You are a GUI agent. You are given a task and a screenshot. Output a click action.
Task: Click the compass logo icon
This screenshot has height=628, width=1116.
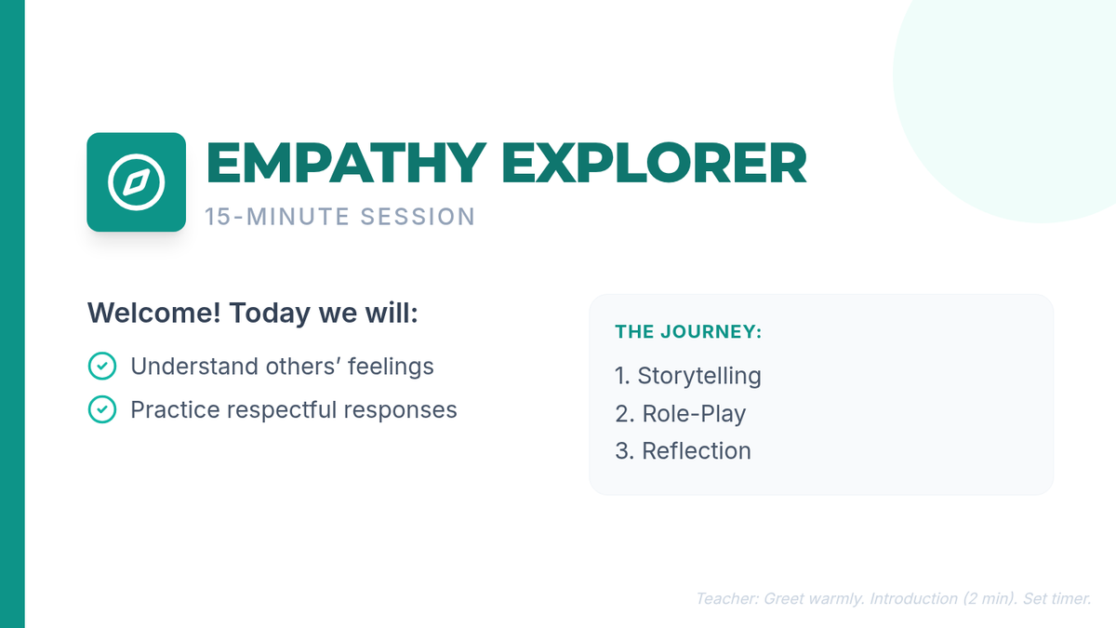tap(136, 182)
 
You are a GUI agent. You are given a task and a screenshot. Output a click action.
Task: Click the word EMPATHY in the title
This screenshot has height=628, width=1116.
tap(346, 164)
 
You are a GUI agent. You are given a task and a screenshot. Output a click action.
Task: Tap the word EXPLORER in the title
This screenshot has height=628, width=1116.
tap(654, 164)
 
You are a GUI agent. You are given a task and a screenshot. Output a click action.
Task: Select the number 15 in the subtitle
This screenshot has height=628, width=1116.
tap(218, 217)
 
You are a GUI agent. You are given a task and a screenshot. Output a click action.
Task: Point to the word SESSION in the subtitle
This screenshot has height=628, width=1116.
tap(418, 217)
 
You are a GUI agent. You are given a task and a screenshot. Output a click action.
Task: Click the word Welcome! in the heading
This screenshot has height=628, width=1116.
tap(154, 313)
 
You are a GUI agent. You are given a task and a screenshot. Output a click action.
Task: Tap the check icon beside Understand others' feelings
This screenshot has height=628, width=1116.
tap(102, 366)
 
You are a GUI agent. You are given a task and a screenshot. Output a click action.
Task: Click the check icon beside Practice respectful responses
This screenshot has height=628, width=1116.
tap(102, 409)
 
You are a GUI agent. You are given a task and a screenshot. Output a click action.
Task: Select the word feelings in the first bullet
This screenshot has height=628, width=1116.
tap(391, 367)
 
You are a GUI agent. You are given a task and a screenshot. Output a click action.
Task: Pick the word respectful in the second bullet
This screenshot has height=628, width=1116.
tap(282, 410)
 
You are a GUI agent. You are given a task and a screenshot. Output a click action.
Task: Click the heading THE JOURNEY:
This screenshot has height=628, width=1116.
tap(688, 331)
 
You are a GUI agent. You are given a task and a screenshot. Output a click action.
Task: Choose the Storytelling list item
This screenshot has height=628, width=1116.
tap(688, 376)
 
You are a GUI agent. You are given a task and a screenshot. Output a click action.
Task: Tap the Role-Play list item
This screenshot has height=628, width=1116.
tap(681, 414)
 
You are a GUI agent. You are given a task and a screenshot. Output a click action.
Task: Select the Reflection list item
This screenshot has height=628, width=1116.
tap(683, 451)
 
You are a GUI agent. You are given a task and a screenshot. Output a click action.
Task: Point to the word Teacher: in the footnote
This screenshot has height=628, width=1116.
tap(727, 598)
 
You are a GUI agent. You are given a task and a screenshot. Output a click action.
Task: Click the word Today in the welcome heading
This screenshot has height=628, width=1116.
tap(270, 313)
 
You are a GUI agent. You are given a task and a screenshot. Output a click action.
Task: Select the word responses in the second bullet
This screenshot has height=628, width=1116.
tap(400, 410)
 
